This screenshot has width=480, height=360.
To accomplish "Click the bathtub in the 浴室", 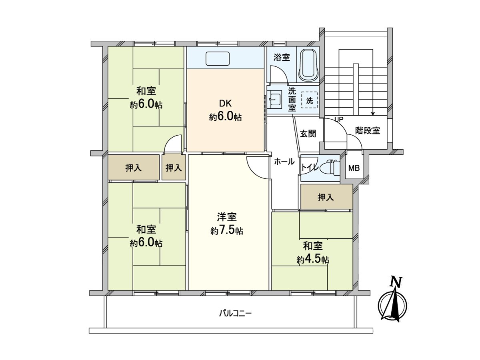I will tap(308, 64).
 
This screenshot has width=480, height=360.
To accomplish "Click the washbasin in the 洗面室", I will tap(275, 98).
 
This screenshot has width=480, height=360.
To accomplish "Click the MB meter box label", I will tap(354, 168).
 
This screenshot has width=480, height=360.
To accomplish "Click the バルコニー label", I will tap(235, 313).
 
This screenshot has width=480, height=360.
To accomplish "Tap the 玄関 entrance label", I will tap(308, 134).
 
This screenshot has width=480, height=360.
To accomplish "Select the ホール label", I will tap(284, 162).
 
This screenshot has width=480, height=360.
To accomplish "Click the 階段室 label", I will tap(367, 130).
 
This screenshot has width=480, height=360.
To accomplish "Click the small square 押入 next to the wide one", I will tap(174, 168).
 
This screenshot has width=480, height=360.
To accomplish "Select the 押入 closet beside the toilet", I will tap(326, 197).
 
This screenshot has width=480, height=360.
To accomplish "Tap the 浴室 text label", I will tap(282, 57).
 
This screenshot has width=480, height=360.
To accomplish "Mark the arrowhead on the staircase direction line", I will tap(373, 113).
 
